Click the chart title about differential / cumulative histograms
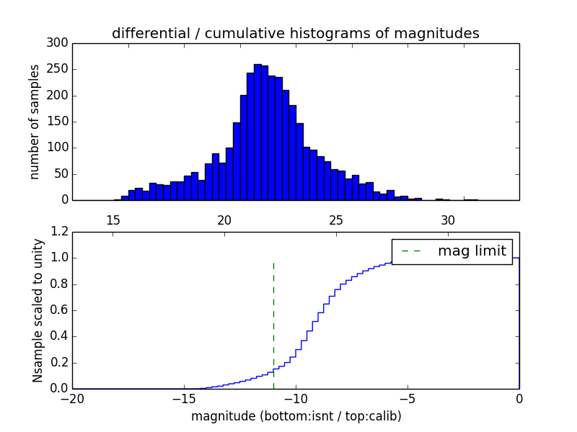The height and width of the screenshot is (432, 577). [x=295, y=33]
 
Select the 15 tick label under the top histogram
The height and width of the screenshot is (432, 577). [x=113, y=220]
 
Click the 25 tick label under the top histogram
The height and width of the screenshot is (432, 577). [x=336, y=220]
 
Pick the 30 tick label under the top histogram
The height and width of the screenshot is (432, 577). [x=447, y=220]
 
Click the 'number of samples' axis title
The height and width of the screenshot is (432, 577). [x=35, y=122]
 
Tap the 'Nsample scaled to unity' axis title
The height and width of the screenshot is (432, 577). [x=38, y=310]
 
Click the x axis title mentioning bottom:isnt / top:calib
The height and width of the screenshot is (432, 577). [x=296, y=416]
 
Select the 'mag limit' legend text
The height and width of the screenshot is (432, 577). [x=472, y=251]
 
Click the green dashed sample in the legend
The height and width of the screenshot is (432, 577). [x=411, y=251]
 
